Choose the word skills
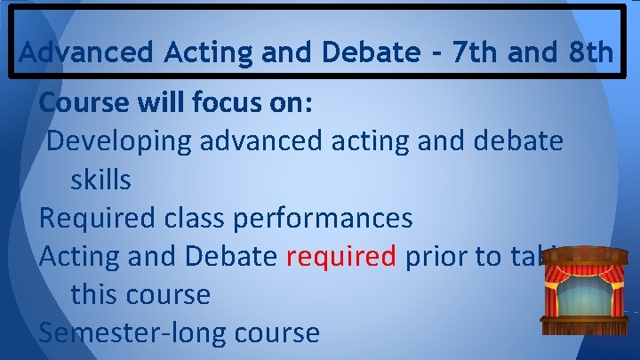(x=100, y=180)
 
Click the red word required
(x=341, y=256)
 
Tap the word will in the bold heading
(x=160, y=102)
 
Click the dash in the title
(x=433, y=53)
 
